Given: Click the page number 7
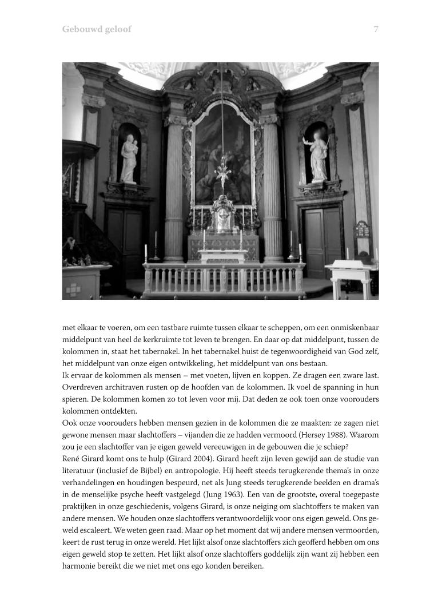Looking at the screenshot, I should pos(376,29).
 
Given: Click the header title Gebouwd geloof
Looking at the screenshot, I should pos(97,29).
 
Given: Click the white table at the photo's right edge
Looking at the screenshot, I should pos(351,275).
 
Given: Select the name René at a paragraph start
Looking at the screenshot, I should pos(71,458).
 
